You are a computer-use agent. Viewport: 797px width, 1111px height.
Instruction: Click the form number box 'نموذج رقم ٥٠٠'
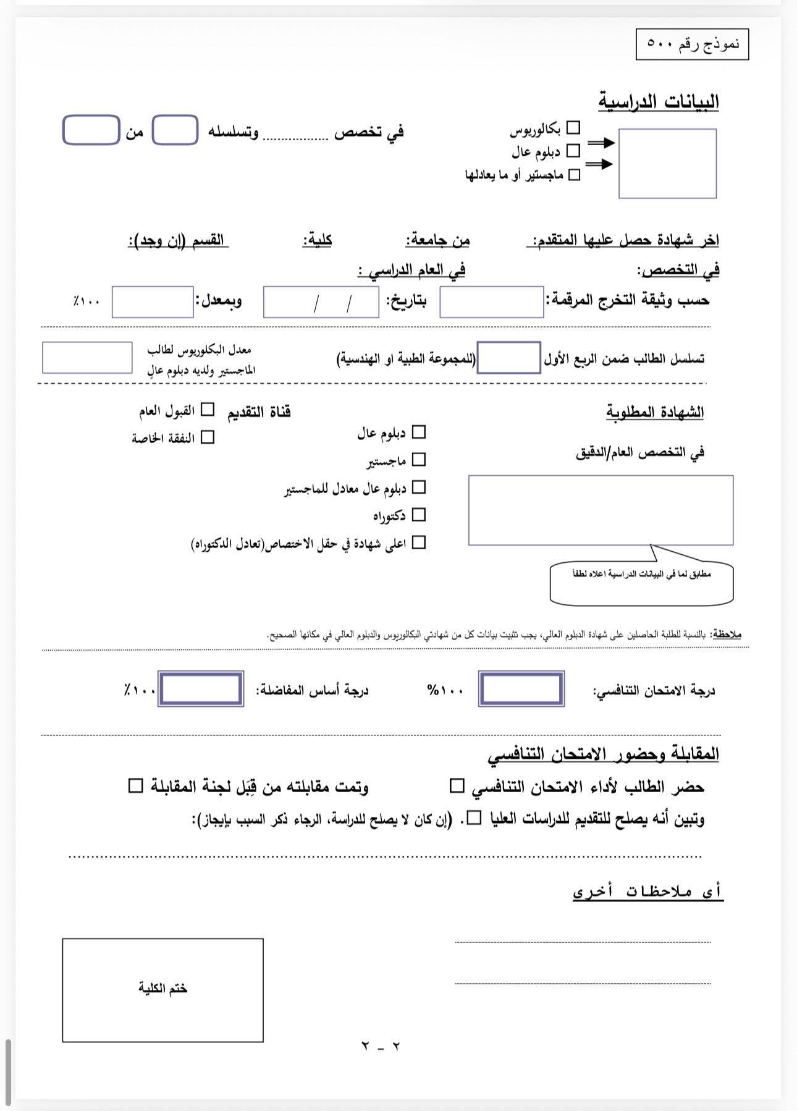[x=692, y=44]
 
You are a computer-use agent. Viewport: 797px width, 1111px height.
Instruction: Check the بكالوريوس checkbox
[x=573, y=128]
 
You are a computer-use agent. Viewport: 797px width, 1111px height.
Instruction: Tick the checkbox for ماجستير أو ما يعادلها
[x=574, y=175]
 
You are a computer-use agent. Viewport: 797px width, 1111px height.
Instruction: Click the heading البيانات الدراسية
[x=659, y=102]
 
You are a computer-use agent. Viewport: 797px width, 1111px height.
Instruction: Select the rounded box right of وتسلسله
[x=175, y=130]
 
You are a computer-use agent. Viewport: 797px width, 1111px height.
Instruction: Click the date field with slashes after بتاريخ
[x=321, y=302]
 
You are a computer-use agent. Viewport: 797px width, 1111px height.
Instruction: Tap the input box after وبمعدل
[x=153, y=302]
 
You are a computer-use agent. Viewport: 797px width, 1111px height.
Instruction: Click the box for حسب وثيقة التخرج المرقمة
[x=491, y=302]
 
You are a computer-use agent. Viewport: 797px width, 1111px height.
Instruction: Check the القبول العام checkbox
[x=208, y=410]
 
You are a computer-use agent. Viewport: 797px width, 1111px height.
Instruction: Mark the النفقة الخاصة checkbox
[x=208, y=437]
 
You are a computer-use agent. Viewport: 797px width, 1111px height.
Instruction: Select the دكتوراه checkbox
[x=418, y=515]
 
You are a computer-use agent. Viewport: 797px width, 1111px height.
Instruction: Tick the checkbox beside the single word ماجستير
[x=418, y=460]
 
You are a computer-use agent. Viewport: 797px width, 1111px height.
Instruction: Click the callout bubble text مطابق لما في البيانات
[x=641, y=574]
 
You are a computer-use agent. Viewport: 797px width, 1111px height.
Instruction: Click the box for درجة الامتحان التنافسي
[x=521, y=689]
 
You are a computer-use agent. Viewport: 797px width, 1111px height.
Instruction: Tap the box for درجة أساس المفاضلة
[x=201, y=689]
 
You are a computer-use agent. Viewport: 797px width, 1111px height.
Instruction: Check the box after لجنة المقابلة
[x=135, y=786]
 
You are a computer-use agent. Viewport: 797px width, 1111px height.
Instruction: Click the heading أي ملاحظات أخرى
[x=647, y=892]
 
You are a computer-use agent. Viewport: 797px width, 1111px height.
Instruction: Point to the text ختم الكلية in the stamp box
[x=162, y=988]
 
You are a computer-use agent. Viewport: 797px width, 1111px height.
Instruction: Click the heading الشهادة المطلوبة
[x=655, y=412]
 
